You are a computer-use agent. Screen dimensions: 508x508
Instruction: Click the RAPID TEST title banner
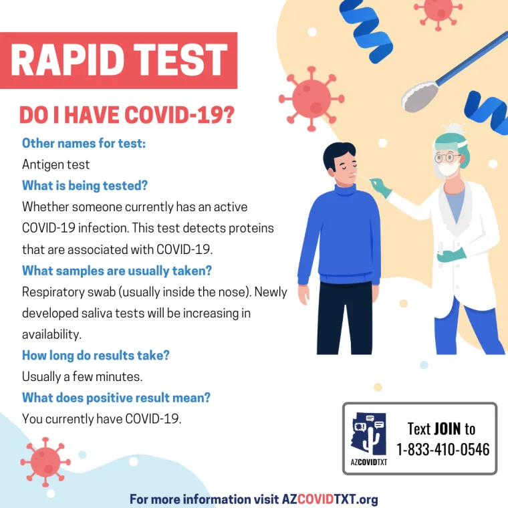[119, 60]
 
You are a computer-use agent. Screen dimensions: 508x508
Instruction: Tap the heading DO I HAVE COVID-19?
[126, 116]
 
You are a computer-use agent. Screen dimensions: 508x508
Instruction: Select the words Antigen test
[55, 164]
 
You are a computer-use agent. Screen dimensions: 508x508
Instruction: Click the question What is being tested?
[85, 185]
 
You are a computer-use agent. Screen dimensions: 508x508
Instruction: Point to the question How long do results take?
[96, 355]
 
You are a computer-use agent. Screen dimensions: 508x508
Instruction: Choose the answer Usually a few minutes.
[82, 376]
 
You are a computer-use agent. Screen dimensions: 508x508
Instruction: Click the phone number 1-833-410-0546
[442, 449]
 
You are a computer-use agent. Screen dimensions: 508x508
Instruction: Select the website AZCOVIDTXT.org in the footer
[330, 499]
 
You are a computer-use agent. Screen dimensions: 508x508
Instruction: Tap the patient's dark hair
[339, 155]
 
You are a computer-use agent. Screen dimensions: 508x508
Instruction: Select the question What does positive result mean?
[116, 398]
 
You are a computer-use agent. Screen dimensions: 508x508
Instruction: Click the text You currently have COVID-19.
[102, 419]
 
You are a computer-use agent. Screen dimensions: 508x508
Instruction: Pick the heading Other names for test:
[84, 143]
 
